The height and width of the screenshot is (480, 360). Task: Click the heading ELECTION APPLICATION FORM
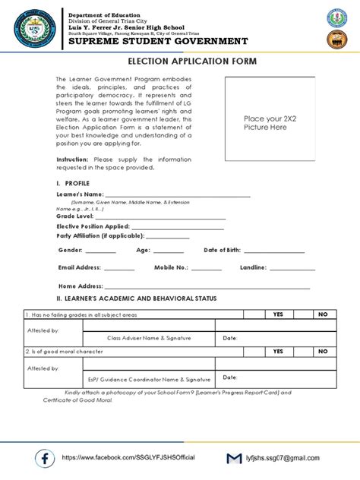[x=182, y=61]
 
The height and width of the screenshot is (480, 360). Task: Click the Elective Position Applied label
[x=93, y=226]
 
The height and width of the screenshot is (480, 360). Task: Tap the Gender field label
[x=70, y=250]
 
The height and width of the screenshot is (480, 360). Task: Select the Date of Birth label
[x=223, y=250]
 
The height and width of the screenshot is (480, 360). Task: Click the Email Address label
[x=79, y=267]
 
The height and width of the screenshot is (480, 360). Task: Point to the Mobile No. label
[x=171, y=267]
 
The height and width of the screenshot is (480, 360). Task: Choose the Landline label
[x=253, y=267]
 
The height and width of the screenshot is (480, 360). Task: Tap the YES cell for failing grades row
[x=278, y=314]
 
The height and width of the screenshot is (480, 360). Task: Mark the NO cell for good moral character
[x=322, y=351]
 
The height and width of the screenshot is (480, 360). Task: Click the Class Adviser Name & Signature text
[x=149, y=337]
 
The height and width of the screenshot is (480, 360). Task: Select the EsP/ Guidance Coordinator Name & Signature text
[x=149, y=378]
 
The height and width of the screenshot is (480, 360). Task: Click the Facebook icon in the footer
[x=45, y=458]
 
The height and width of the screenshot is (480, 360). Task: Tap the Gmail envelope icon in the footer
[x=235, y=459]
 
